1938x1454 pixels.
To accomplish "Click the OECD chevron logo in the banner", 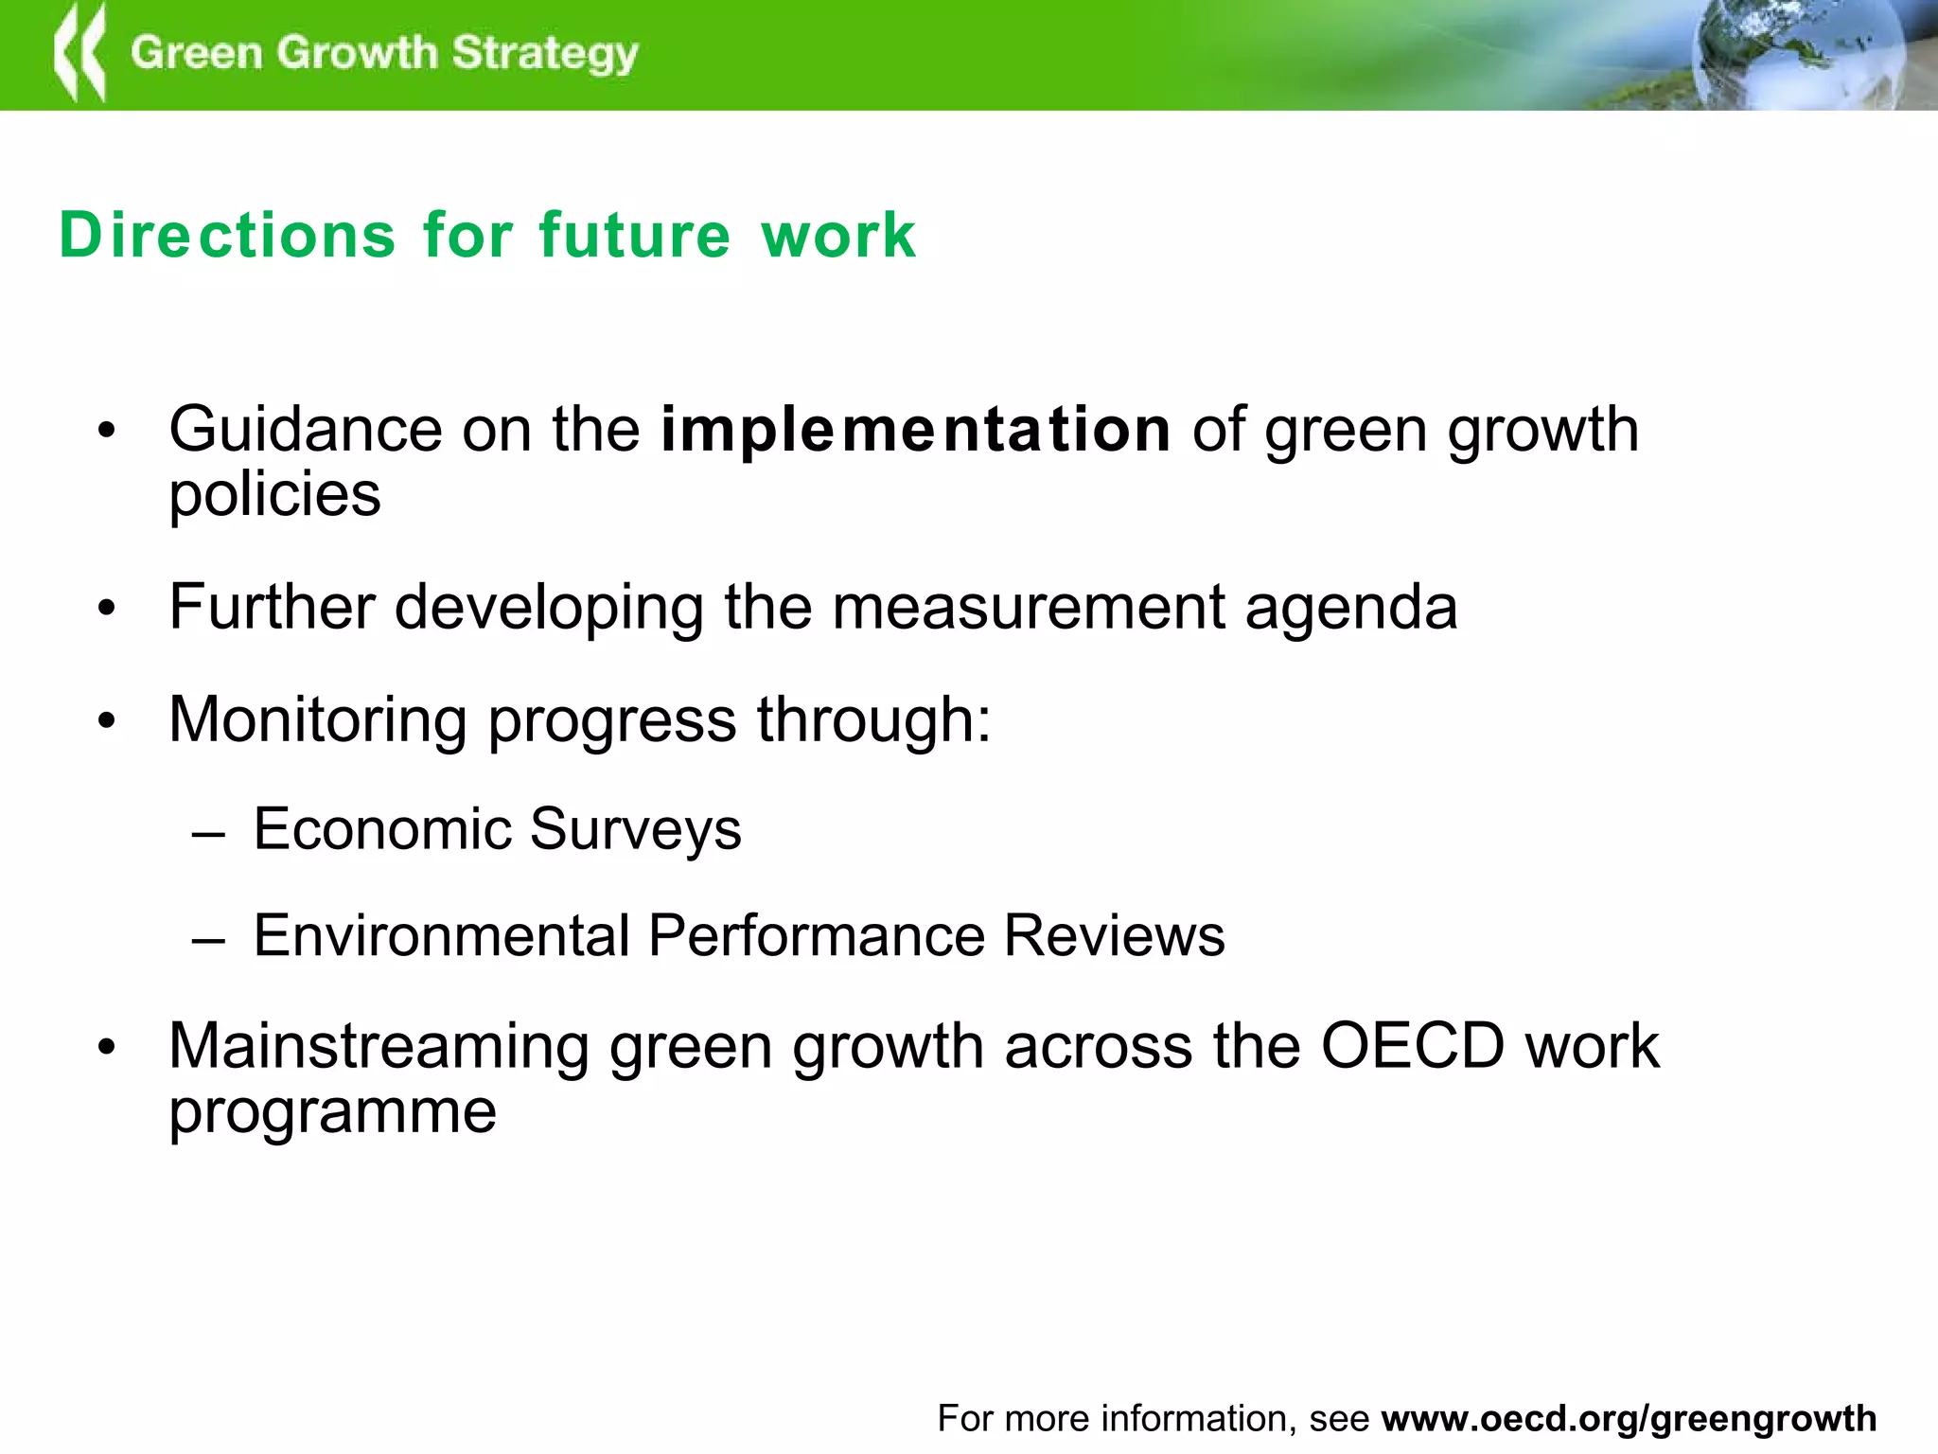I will [79, 53].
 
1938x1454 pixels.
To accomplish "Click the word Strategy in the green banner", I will [545, 54].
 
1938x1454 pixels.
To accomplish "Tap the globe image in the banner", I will [1798, 55].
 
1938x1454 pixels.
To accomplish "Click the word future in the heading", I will [635, 235].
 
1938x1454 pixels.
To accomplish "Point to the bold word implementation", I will [915, 431].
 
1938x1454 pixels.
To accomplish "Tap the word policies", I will [274, 495].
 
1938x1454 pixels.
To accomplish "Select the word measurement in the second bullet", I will [1029, 607].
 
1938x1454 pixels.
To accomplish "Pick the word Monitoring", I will [318, 720].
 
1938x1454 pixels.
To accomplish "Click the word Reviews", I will [1114, 936].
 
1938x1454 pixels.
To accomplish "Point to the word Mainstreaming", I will [379, 1048].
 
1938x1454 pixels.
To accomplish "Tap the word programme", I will [332, 1113].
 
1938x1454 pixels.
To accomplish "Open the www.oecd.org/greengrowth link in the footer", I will [1629, 1419].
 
